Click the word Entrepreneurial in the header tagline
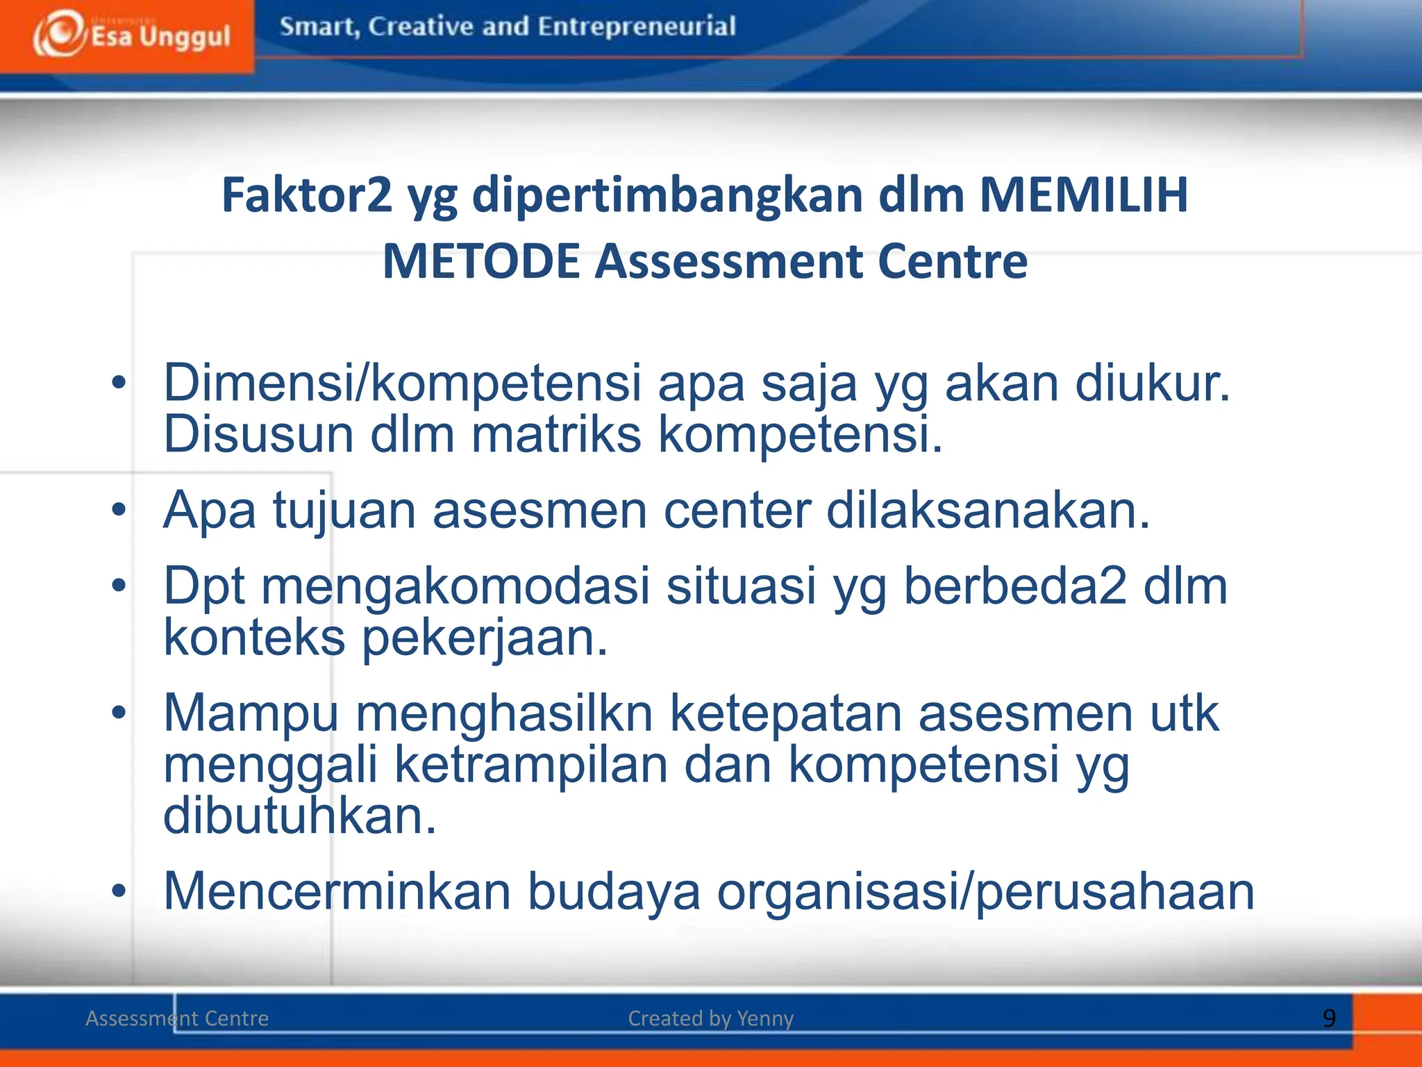pyautogui.click(x=636, y=26)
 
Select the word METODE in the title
pyautogui.click(x=480, y=261)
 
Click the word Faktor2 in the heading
pyautogui.click(x=306, y=195)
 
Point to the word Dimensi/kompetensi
pyautogui.click(x=402, y=383)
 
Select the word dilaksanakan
pyautogui.click(x=988, y=511)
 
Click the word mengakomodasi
pyautogui.click(x=455, y=586)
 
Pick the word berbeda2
pyautogui.click(x=1014, y=586)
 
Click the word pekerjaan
pyautogui.click(x=485, y=638)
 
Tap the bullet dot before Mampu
pyautogui.click(x=119, y=713)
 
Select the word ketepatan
pyautogui.click(x=785, y=713)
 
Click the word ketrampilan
pyautogui.click(x=531, y=765)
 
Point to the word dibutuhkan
pyautogui.click(x=299, y=816)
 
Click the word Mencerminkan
pyautogui.click(x=337, y=891)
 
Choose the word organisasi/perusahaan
pyautogui.click(x=985, y=891)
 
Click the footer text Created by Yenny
pyautogui.click(x=710, y=1018)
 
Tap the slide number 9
pyautogui.click(x=1329, y=1018)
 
